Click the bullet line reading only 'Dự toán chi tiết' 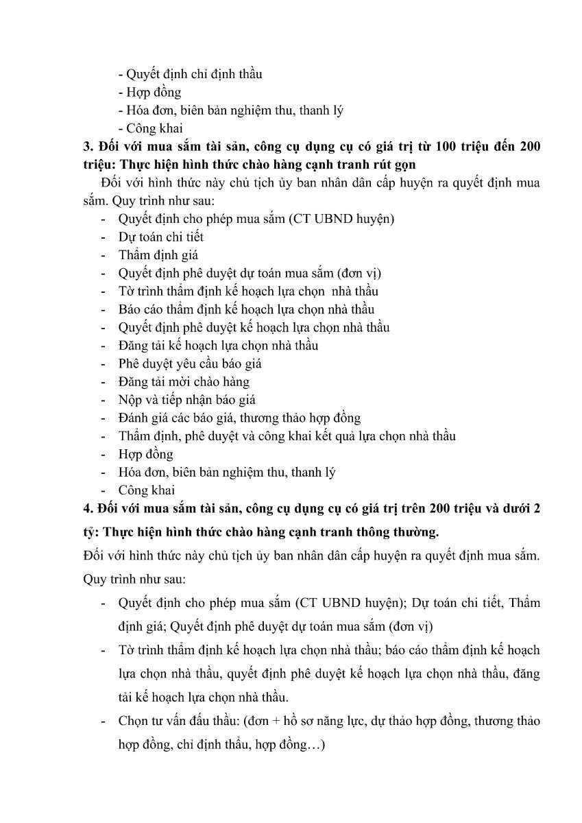click(x=160, y=237)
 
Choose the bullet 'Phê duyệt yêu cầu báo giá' click(x=190, y=363)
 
